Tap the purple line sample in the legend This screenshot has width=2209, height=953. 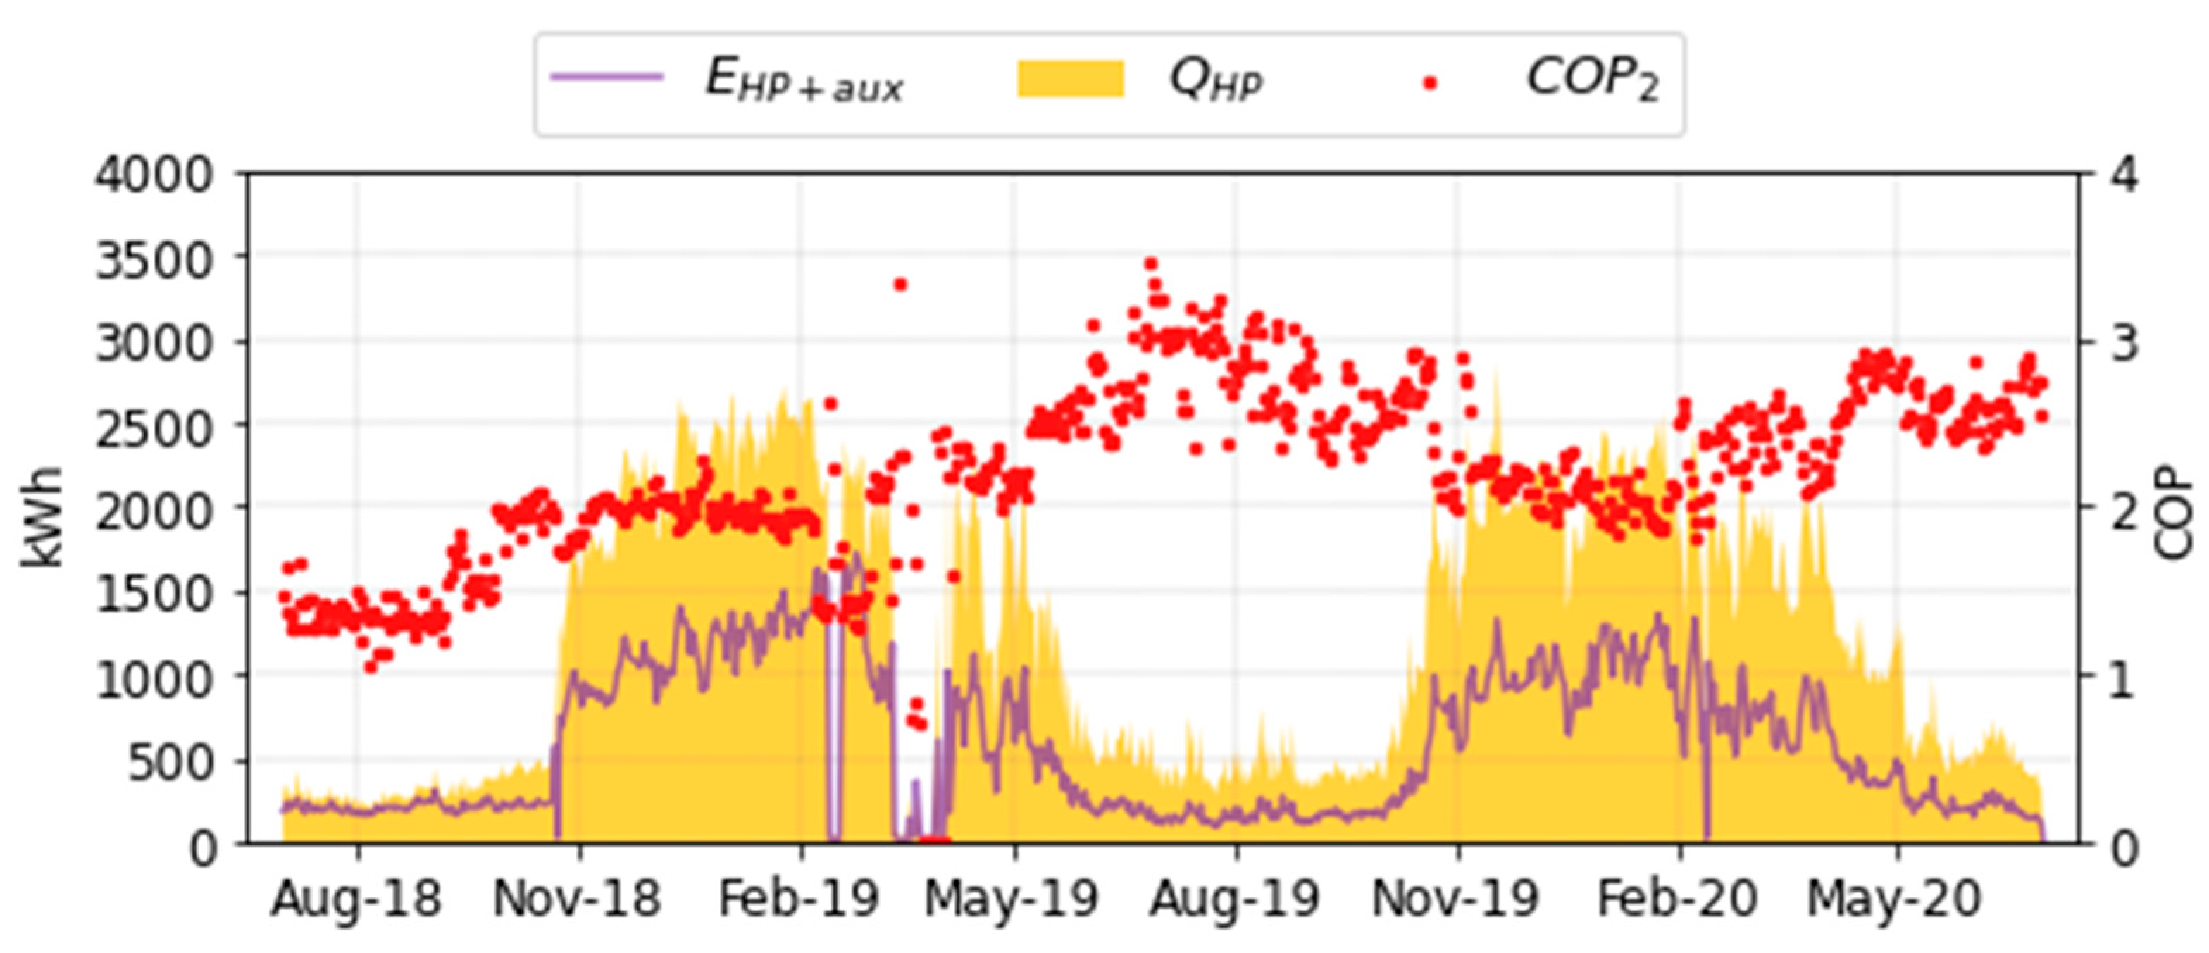click(607, 77)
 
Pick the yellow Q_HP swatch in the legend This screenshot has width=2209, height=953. click(1070, 79)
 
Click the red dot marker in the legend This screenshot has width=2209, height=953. click(1429, 83)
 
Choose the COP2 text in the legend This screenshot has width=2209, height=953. click(1591, 80)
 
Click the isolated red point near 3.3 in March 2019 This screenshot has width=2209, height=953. click(900, 285)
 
